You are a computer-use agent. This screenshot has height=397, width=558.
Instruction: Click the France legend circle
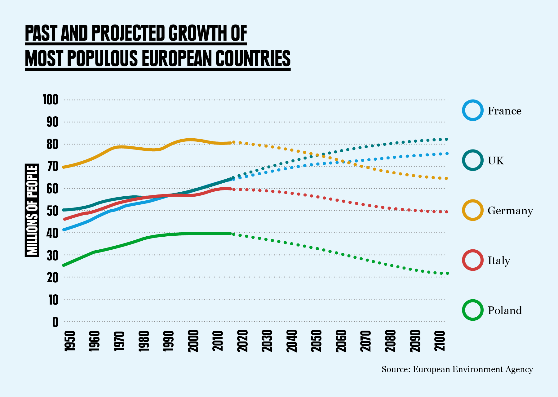click(x=473, y=110)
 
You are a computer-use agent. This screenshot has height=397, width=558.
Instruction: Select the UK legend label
click(x=496, y=161)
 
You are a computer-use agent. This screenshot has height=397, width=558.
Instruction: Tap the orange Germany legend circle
click(x=473, y=210)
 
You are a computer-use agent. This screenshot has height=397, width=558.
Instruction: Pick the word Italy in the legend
click(x=499, y=261)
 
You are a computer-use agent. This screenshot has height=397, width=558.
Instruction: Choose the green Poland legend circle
click(x=473, y=310)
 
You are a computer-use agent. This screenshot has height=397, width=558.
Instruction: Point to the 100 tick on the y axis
click(x=51, y=100)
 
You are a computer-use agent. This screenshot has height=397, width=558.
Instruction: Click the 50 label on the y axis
click(x=52, y=211)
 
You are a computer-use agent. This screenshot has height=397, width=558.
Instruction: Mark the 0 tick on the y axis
click(x=55, y=322)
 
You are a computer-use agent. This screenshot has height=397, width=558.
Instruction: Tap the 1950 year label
click(x=70, y=341)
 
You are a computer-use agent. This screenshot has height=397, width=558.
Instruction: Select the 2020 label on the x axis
click(x=243, y=341)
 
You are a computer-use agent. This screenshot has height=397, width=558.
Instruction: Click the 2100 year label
click(x=440, y=341)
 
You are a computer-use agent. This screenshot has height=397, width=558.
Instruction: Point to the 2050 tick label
click(x=317, y=341)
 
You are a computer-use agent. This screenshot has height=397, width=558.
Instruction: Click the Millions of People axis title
click(x=32, y=210)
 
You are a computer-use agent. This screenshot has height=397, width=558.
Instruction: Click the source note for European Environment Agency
click(x=457, y=369)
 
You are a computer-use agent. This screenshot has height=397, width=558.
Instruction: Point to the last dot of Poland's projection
click(x=447, y=273)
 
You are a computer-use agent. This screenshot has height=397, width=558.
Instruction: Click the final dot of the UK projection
click(x=447, y=139)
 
